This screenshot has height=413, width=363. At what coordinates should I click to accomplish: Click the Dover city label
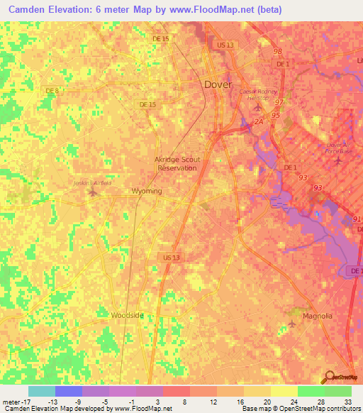218,84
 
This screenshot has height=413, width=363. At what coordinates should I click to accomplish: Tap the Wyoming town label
147,192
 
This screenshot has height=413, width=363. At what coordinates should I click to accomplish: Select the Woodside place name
128,314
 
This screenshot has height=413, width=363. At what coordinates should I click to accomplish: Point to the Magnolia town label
318,316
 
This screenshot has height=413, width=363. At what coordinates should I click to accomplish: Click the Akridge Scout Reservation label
178,164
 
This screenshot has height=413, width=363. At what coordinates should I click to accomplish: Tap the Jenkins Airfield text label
93,182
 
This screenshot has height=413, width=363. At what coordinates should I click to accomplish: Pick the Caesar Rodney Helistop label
260,95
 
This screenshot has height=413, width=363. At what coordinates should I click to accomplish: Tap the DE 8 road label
51,90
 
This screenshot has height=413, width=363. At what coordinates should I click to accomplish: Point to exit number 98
277,52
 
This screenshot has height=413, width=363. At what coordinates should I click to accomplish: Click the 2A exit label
249,121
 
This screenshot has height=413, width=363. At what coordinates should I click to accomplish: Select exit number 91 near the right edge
355,219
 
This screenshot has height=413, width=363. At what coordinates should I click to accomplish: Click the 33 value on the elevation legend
347,402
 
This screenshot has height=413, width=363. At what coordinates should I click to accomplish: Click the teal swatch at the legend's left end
41,391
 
